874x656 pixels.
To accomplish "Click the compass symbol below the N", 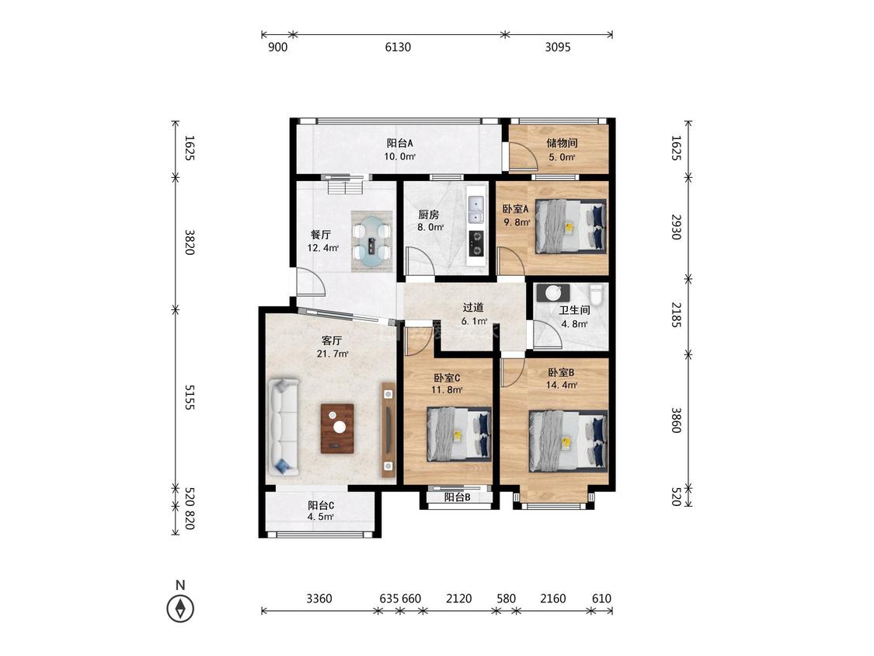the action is pyautogui.click(x=180, y=608).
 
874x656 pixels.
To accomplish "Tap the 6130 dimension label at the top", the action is pyautogui.click(x=398, y=47).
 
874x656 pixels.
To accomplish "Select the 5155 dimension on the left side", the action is pyautogui.click(x=190, y=396).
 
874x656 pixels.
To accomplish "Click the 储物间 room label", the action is pyautogui.click(x=561, y=143).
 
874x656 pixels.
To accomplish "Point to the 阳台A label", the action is pyautogui.click(x=399, y=143).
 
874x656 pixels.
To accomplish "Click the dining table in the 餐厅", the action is pyautogui.click(x=372, y=242).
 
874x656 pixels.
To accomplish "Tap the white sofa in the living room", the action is pyautogui.click(x=284, y=427).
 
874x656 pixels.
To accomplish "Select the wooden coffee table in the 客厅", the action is pyautogui.click(x=337, y=428).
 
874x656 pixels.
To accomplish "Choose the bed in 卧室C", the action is pyautogui.click(x=458, y=434).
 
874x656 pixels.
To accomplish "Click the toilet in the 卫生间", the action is pyautogui.click(x=597, y=295).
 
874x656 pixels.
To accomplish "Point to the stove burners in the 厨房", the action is pyautogui.click(x=476, y=243).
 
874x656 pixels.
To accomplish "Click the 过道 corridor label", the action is pyautogui.click(x=472, y=307).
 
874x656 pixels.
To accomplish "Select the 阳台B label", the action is pyautogui.click(x=457, y=497).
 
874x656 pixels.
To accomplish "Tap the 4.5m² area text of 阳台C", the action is pyautogui.click(x=321, y=517).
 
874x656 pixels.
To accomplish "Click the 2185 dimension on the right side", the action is pyautogui.click(x=676, y=315).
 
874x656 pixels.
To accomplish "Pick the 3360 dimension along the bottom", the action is pyautogui.click(x=319, y=598).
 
